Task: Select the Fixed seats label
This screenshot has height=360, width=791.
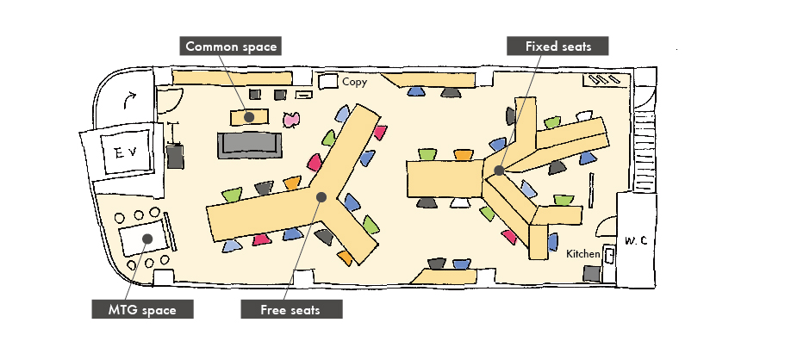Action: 557,47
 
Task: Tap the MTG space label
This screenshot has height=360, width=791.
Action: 142,309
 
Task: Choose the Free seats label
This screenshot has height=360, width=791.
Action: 290,309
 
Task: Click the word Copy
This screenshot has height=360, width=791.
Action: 355,83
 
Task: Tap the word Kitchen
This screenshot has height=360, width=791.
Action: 583,254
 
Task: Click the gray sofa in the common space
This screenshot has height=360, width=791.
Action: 251,145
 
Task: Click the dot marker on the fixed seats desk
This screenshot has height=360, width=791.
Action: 499,171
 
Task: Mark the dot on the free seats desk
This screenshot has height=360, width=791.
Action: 321,196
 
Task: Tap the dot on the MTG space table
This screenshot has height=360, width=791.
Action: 147,239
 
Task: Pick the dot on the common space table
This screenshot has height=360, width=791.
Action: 248,116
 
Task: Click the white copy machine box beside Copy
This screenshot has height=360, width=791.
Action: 327,81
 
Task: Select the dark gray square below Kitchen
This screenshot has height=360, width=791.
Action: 591,274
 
